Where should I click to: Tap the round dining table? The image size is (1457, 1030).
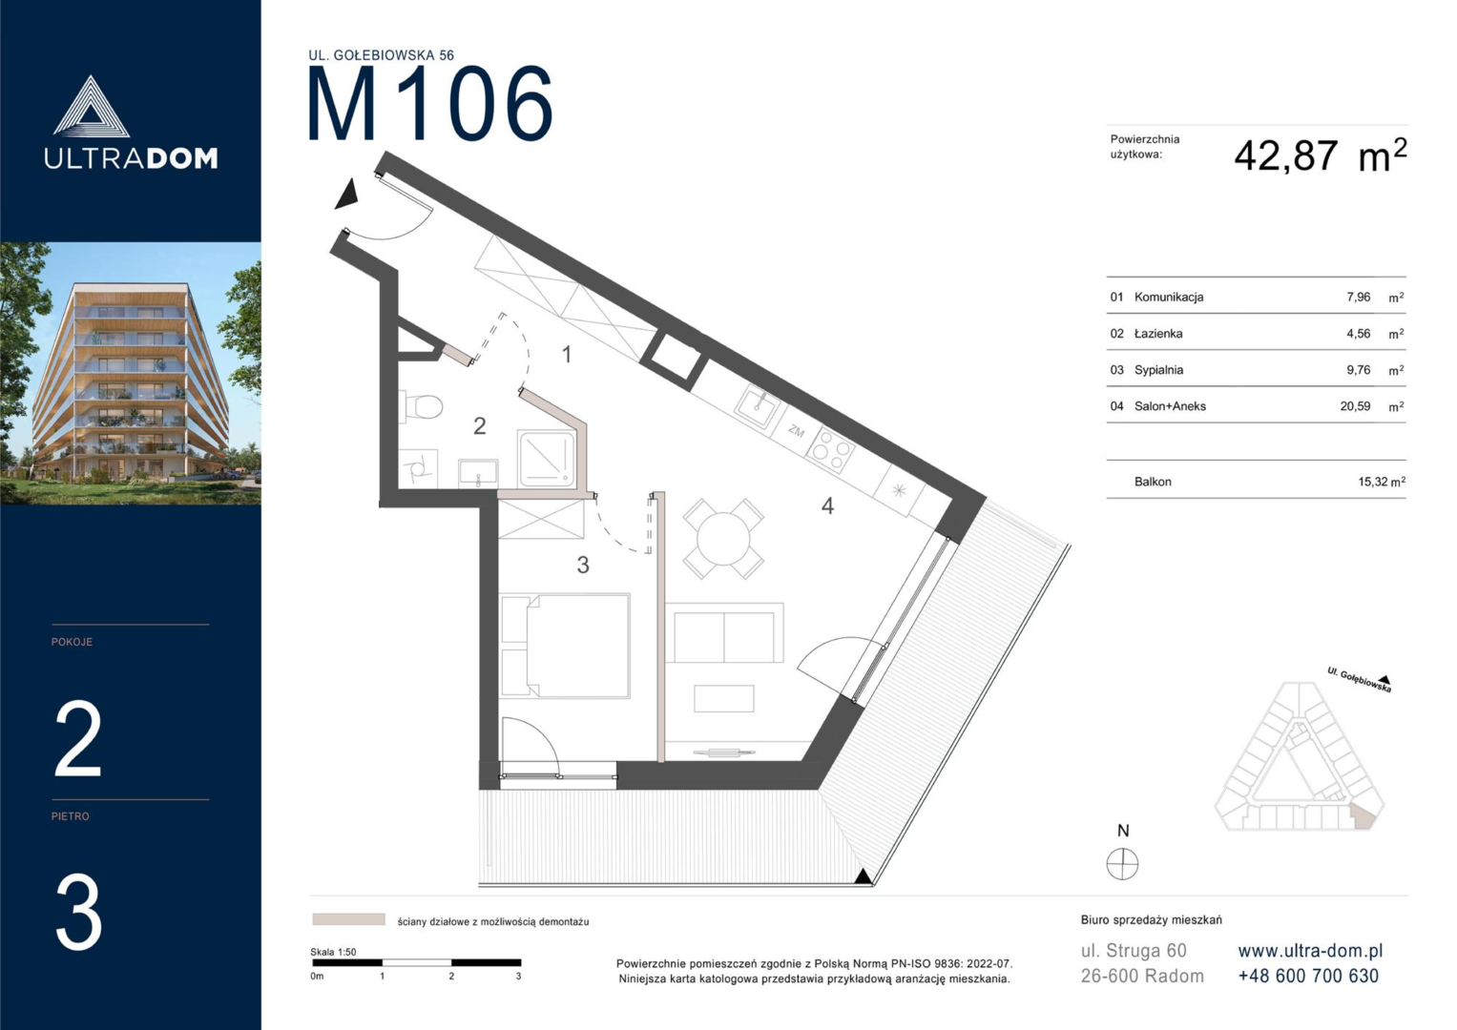point(722,539)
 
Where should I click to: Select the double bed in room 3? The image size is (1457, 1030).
point(565,646)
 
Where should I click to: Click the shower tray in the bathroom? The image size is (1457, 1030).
point(547,458)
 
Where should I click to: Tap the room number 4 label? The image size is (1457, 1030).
point(827,505)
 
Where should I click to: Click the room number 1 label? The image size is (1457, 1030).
point(567,355)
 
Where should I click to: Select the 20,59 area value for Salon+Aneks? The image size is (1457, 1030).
point(1355,406)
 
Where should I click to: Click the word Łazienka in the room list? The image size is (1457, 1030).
point(1158,334)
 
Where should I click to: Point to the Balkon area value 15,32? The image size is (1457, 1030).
point(1373,482)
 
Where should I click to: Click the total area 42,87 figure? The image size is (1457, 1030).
point(1286,156)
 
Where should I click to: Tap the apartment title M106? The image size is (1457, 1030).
point(430,103)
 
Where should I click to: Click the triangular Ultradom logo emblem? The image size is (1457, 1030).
point(91,107)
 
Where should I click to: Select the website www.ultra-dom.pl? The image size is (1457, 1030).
point(1310,951)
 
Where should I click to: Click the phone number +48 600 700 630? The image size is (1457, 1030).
point(1308,976)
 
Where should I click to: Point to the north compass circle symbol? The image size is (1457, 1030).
point(1123,864)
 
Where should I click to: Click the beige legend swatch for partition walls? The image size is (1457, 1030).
point(348,919)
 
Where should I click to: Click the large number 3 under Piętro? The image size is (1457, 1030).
point(78,913)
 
